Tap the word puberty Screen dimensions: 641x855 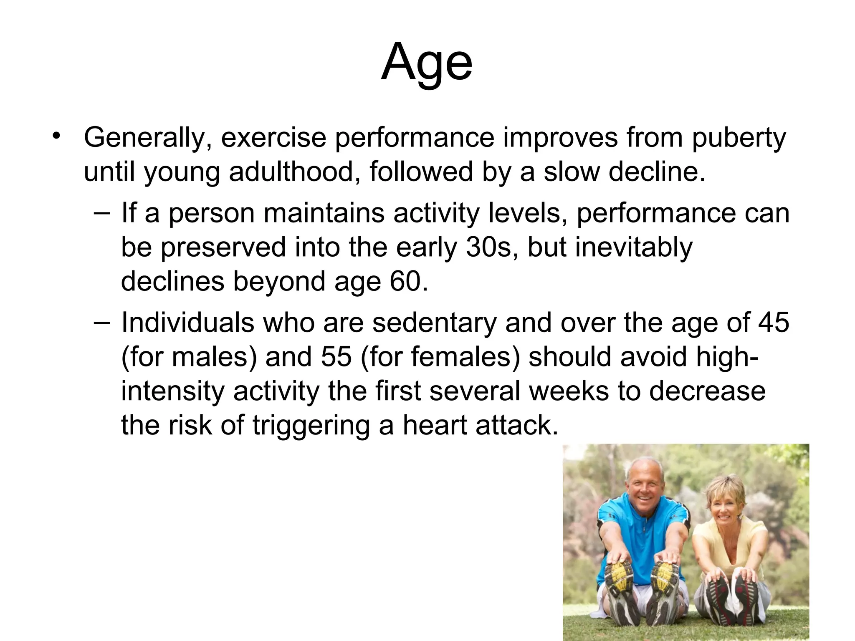[739, 138]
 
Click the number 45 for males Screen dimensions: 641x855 [773, 323]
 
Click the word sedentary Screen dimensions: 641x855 [434, 323]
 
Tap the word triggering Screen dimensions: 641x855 [311, 425]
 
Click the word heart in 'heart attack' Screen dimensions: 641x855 [434, 425]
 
